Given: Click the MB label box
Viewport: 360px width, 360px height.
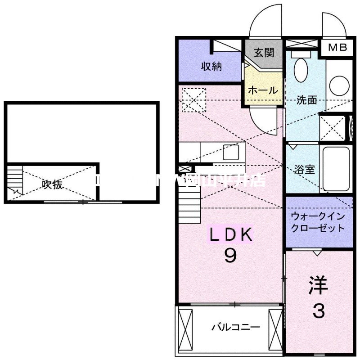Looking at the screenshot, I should [337, 48].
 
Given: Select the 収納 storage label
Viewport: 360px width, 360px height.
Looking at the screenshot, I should [211, 67].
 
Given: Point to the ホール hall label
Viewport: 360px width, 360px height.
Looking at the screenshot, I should [263, 90].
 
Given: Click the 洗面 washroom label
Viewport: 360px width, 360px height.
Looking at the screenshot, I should [306, 100].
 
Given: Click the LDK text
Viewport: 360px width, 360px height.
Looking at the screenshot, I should [230, 235].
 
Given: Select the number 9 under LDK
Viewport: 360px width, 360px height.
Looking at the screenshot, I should [230, 256].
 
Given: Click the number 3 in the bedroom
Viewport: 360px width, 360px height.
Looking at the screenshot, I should [319, 310].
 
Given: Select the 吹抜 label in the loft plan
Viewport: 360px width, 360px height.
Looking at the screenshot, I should [52, 184].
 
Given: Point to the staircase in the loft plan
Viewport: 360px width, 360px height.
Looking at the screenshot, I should [14, 180].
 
